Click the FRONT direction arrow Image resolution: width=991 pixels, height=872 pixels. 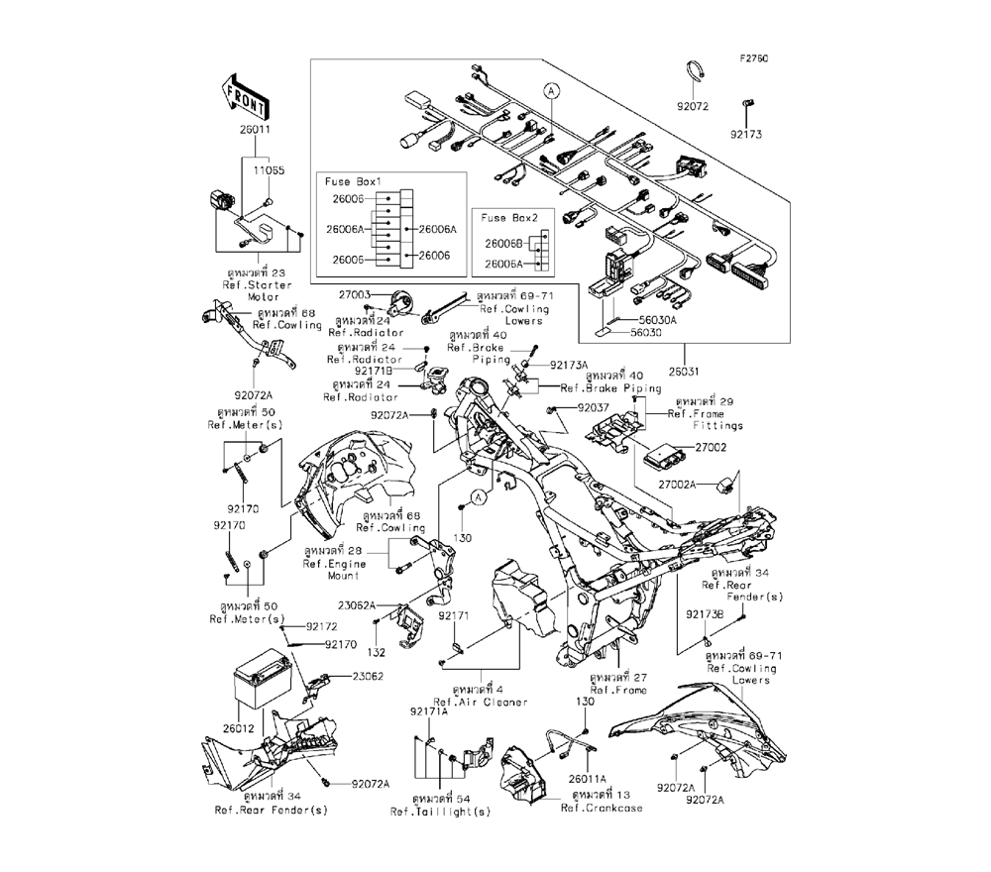240,98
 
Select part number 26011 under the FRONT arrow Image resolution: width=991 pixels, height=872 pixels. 241,129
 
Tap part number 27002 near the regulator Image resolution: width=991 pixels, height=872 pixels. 712,449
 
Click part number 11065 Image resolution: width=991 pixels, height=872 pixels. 267,170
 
